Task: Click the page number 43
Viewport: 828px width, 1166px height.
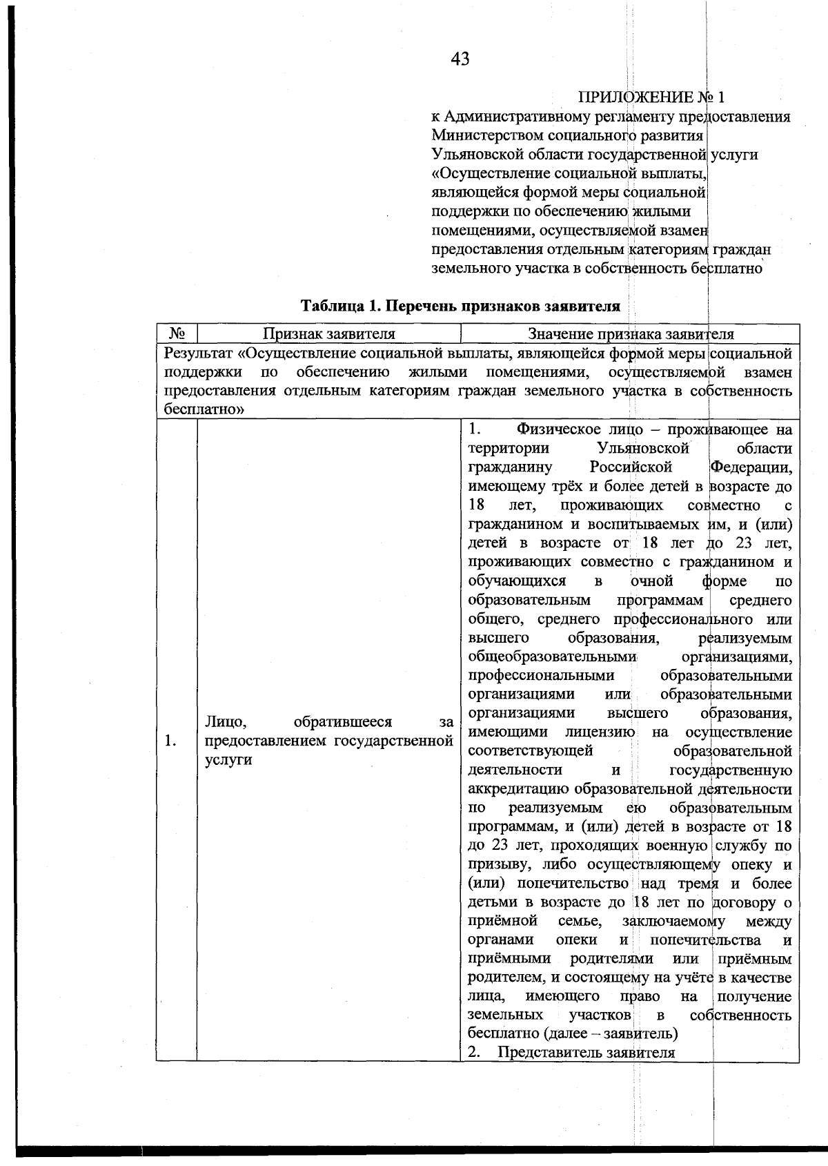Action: coord(460,59)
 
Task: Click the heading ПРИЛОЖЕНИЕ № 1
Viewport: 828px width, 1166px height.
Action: coord(651,97)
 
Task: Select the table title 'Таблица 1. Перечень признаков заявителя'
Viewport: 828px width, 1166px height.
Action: coord(460,306)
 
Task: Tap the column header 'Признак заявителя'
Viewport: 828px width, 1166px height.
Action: coord(328,334)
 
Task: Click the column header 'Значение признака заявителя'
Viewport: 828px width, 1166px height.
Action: coord(630,334)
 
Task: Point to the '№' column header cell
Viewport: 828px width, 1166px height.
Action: coord(177,334)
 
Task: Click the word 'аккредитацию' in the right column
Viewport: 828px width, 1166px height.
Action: coord(518,789)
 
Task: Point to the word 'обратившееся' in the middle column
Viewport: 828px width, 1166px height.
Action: coord(342,722)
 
